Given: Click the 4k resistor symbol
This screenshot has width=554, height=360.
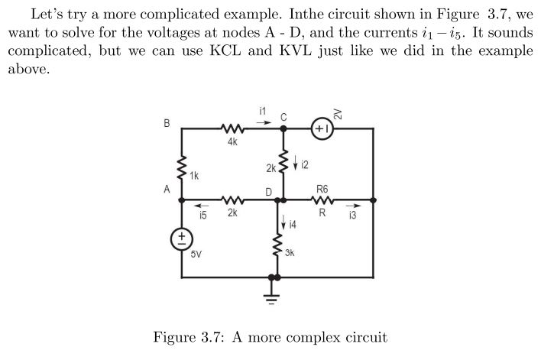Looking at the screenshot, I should (232, 129).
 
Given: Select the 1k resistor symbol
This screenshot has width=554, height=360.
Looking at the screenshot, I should (183, 167).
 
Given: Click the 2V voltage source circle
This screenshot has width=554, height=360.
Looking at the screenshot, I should (322, 129).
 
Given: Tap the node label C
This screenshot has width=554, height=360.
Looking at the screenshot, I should (283, 116).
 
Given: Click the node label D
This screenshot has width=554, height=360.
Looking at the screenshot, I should (269, 191).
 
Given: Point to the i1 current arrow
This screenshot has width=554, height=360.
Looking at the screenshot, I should (262, 121).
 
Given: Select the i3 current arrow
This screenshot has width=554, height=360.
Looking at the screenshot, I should (352, 205).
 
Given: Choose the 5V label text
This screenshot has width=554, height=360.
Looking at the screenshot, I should (196, 254).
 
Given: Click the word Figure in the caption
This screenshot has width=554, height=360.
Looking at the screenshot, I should (177, 337).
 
